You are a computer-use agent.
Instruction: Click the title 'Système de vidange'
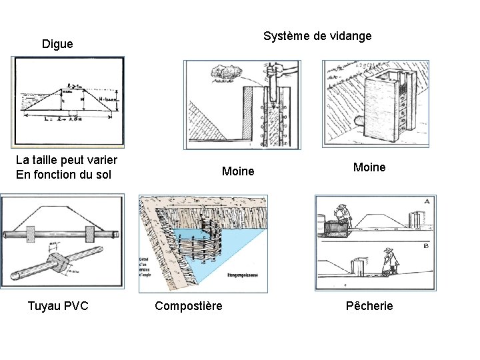click(x=317, y=36)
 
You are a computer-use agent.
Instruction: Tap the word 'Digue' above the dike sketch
click(x=57, y=45)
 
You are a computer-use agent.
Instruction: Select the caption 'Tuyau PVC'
click(x=58, y=306)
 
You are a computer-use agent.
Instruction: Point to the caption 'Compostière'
click(x=189, y=306)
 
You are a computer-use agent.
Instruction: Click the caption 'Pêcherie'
click(x=369, y=306)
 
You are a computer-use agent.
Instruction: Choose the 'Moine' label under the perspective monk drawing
click(x=369, y=167)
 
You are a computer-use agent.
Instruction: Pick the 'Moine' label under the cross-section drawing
click(x=238, y=172)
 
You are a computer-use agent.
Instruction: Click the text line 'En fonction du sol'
click(x=63, y=175)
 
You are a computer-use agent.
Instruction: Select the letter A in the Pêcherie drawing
click(x=426, y=201)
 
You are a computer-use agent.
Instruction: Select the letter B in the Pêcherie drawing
click(x=426, y=245)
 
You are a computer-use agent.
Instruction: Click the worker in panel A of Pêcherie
click(x=343, y=215)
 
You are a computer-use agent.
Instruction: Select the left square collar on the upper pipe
click(x=31, y=235)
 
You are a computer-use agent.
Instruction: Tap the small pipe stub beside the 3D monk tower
click(x=359, y=121)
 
